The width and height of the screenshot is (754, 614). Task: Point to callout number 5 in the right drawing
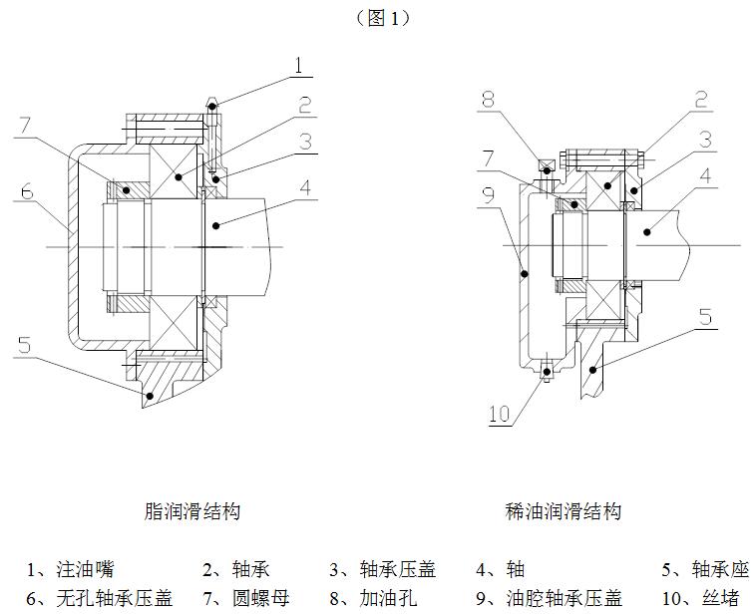tap(705, 318)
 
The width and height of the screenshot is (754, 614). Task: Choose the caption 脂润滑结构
tap(192, 511)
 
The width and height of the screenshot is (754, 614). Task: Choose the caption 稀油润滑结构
tap(564, 511)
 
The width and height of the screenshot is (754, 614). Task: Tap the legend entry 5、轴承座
tap(704, 570)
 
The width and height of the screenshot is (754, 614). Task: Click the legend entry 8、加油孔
tap(373, 598)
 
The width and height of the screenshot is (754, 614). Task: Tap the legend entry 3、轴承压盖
tap(383, 570)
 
